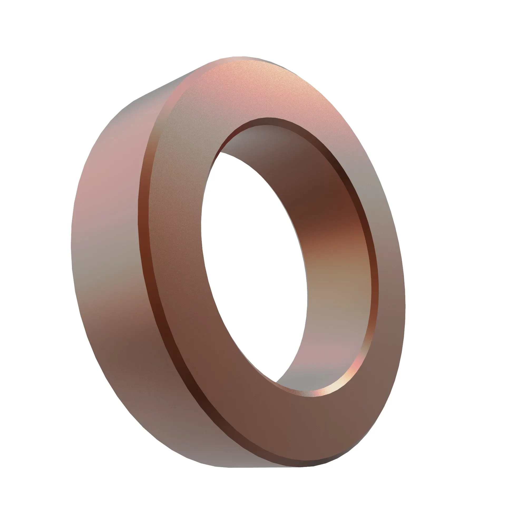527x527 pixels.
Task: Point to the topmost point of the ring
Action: pos(240,57)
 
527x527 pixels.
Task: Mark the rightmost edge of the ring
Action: pos(405,300)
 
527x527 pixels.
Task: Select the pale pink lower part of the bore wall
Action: pos(335,352)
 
